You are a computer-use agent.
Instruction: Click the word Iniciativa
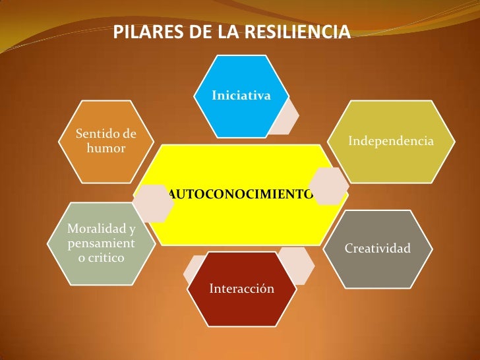point(241,96)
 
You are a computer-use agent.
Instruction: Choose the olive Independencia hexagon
point(390,141)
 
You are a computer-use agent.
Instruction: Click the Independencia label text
point(390,141)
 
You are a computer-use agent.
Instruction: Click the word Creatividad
point(378,249)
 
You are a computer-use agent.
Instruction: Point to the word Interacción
point(241,289)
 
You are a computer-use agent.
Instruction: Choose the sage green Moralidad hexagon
point(101,243)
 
